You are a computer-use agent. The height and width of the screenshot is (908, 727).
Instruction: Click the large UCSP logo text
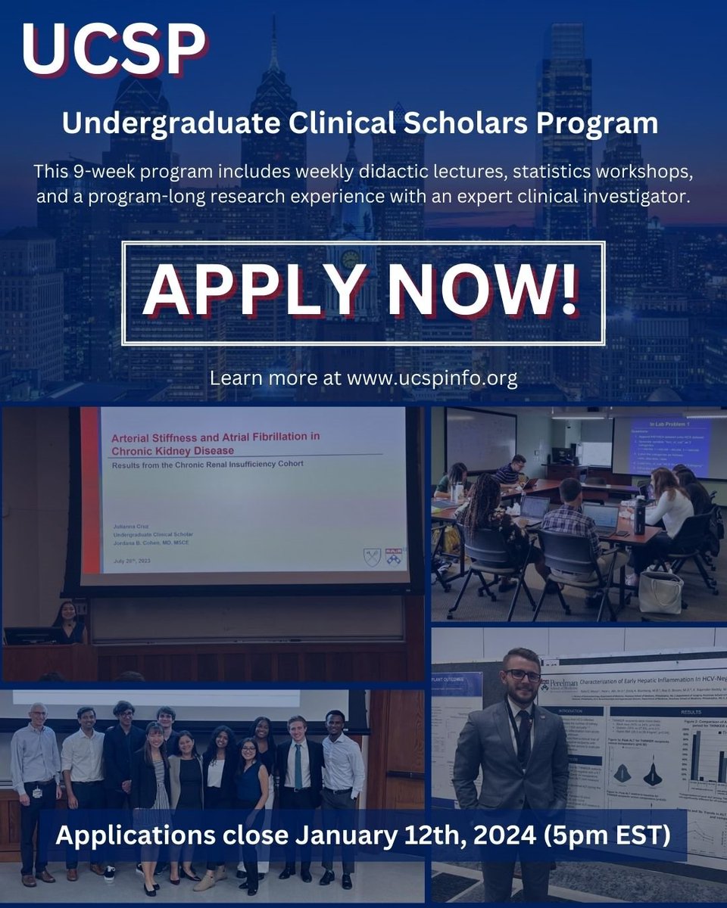pos(114,51)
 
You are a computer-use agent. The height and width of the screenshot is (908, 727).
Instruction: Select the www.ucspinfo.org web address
pos(432,378)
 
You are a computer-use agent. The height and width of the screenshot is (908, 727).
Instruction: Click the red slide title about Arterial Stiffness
pos(216,443)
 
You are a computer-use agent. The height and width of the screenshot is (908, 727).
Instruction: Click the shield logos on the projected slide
pos(383,557)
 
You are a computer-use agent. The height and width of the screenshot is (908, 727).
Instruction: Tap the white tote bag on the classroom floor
pos(660,591)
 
